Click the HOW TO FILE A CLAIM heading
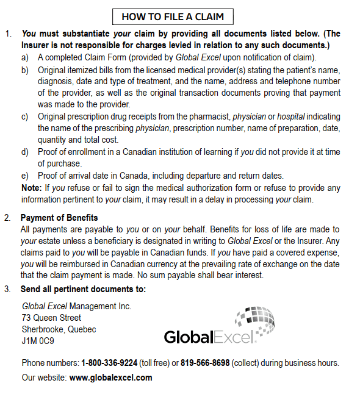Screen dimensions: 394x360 tap(173, 16)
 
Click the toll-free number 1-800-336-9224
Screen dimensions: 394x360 tap(109, 362)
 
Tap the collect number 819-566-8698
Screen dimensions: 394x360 tap(205, 362)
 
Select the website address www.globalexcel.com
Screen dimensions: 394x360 tap(111, 378)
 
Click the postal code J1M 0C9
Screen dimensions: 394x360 tap(38, 341)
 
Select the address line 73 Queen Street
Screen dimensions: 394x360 tap(51, 318)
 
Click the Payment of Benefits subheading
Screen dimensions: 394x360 tap(59, 218)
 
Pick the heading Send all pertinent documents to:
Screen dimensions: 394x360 tap(83, 288)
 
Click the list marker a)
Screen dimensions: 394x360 tap(25, 57)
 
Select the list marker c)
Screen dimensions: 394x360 tap(25, 116)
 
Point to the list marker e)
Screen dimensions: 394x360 tap(25, 176)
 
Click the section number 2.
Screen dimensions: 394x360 tap(7, 218)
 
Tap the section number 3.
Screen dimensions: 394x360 tap(7, 288)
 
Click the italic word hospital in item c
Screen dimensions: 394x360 tap(291, 116)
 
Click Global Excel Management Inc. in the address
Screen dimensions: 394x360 tap(76, 306)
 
